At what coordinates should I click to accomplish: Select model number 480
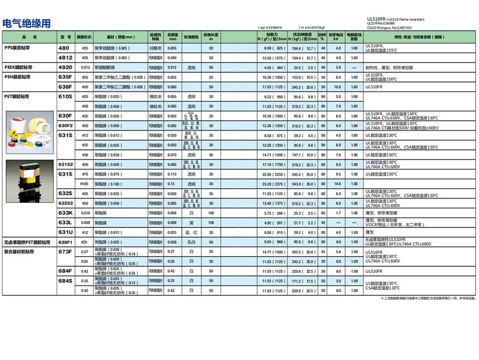(x=64, y=48)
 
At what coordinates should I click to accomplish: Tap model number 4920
(x=65, y=67)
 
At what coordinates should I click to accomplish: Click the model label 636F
(x=65, y=87)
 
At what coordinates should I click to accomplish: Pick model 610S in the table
(x=65, y=96)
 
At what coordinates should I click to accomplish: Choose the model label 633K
(x=65, y=213)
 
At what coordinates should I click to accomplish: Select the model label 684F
(x=65, y=271)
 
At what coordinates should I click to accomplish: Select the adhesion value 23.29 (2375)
(x=274, y=184)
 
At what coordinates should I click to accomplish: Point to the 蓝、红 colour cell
(x=192, y=232)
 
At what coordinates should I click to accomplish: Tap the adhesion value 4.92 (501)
(x=274, y=222)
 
